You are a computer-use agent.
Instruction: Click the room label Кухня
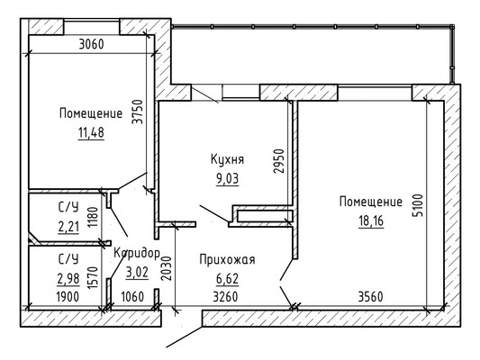228,159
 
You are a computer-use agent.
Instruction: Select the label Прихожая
227,260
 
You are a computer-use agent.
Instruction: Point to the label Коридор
137,252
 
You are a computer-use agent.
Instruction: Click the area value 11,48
90,133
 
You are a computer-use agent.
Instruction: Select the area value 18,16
371,220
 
